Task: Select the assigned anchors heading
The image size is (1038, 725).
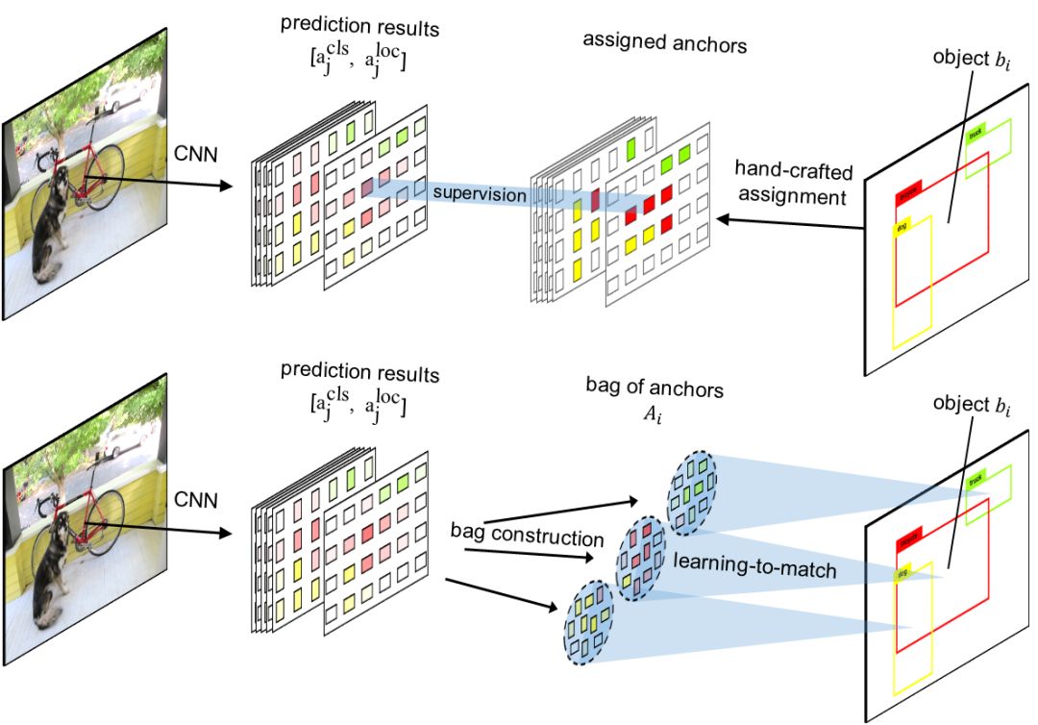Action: click(x=664, y=43)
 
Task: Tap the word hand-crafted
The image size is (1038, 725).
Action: click(x=789, y=168)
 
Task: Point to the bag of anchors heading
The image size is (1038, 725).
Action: click(x=654, y=389)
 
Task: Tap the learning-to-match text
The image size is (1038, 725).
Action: click(x=754, y=569)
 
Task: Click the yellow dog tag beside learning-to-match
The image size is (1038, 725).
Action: click(x=902, y=574)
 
